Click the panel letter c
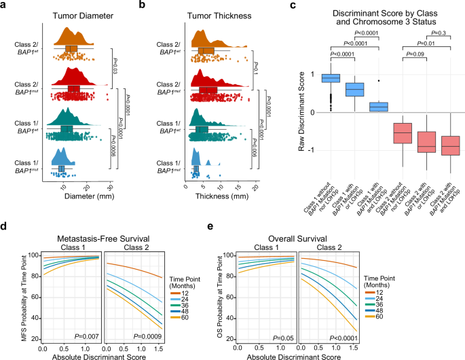click(x=293, y=5)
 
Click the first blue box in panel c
click(x=331, y=78)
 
